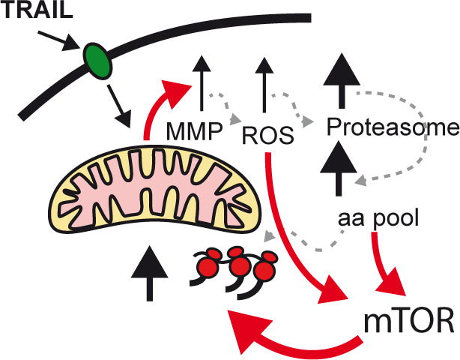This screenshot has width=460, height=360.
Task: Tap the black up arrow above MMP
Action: click(200, 82)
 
